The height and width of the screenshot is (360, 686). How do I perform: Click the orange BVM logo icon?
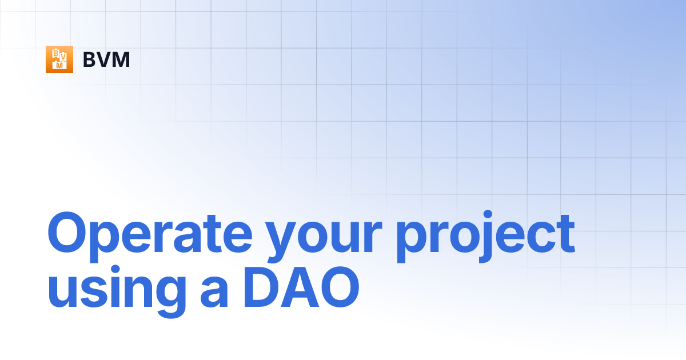pyautogui.click(x=59, y=59)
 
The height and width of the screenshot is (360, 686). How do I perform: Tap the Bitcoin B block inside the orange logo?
pyautogui.click(x=56, y=54)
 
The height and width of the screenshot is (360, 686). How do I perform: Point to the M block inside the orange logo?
pyautogui.click(x=58, y=66)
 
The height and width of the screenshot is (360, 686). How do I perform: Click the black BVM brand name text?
pyautogui.click(x=106, y=59)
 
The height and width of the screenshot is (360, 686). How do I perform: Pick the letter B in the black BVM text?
pyautogui.click(x=90, y=59)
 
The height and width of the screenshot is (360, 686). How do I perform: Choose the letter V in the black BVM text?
pyautogui.click(x=105, y=59)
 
